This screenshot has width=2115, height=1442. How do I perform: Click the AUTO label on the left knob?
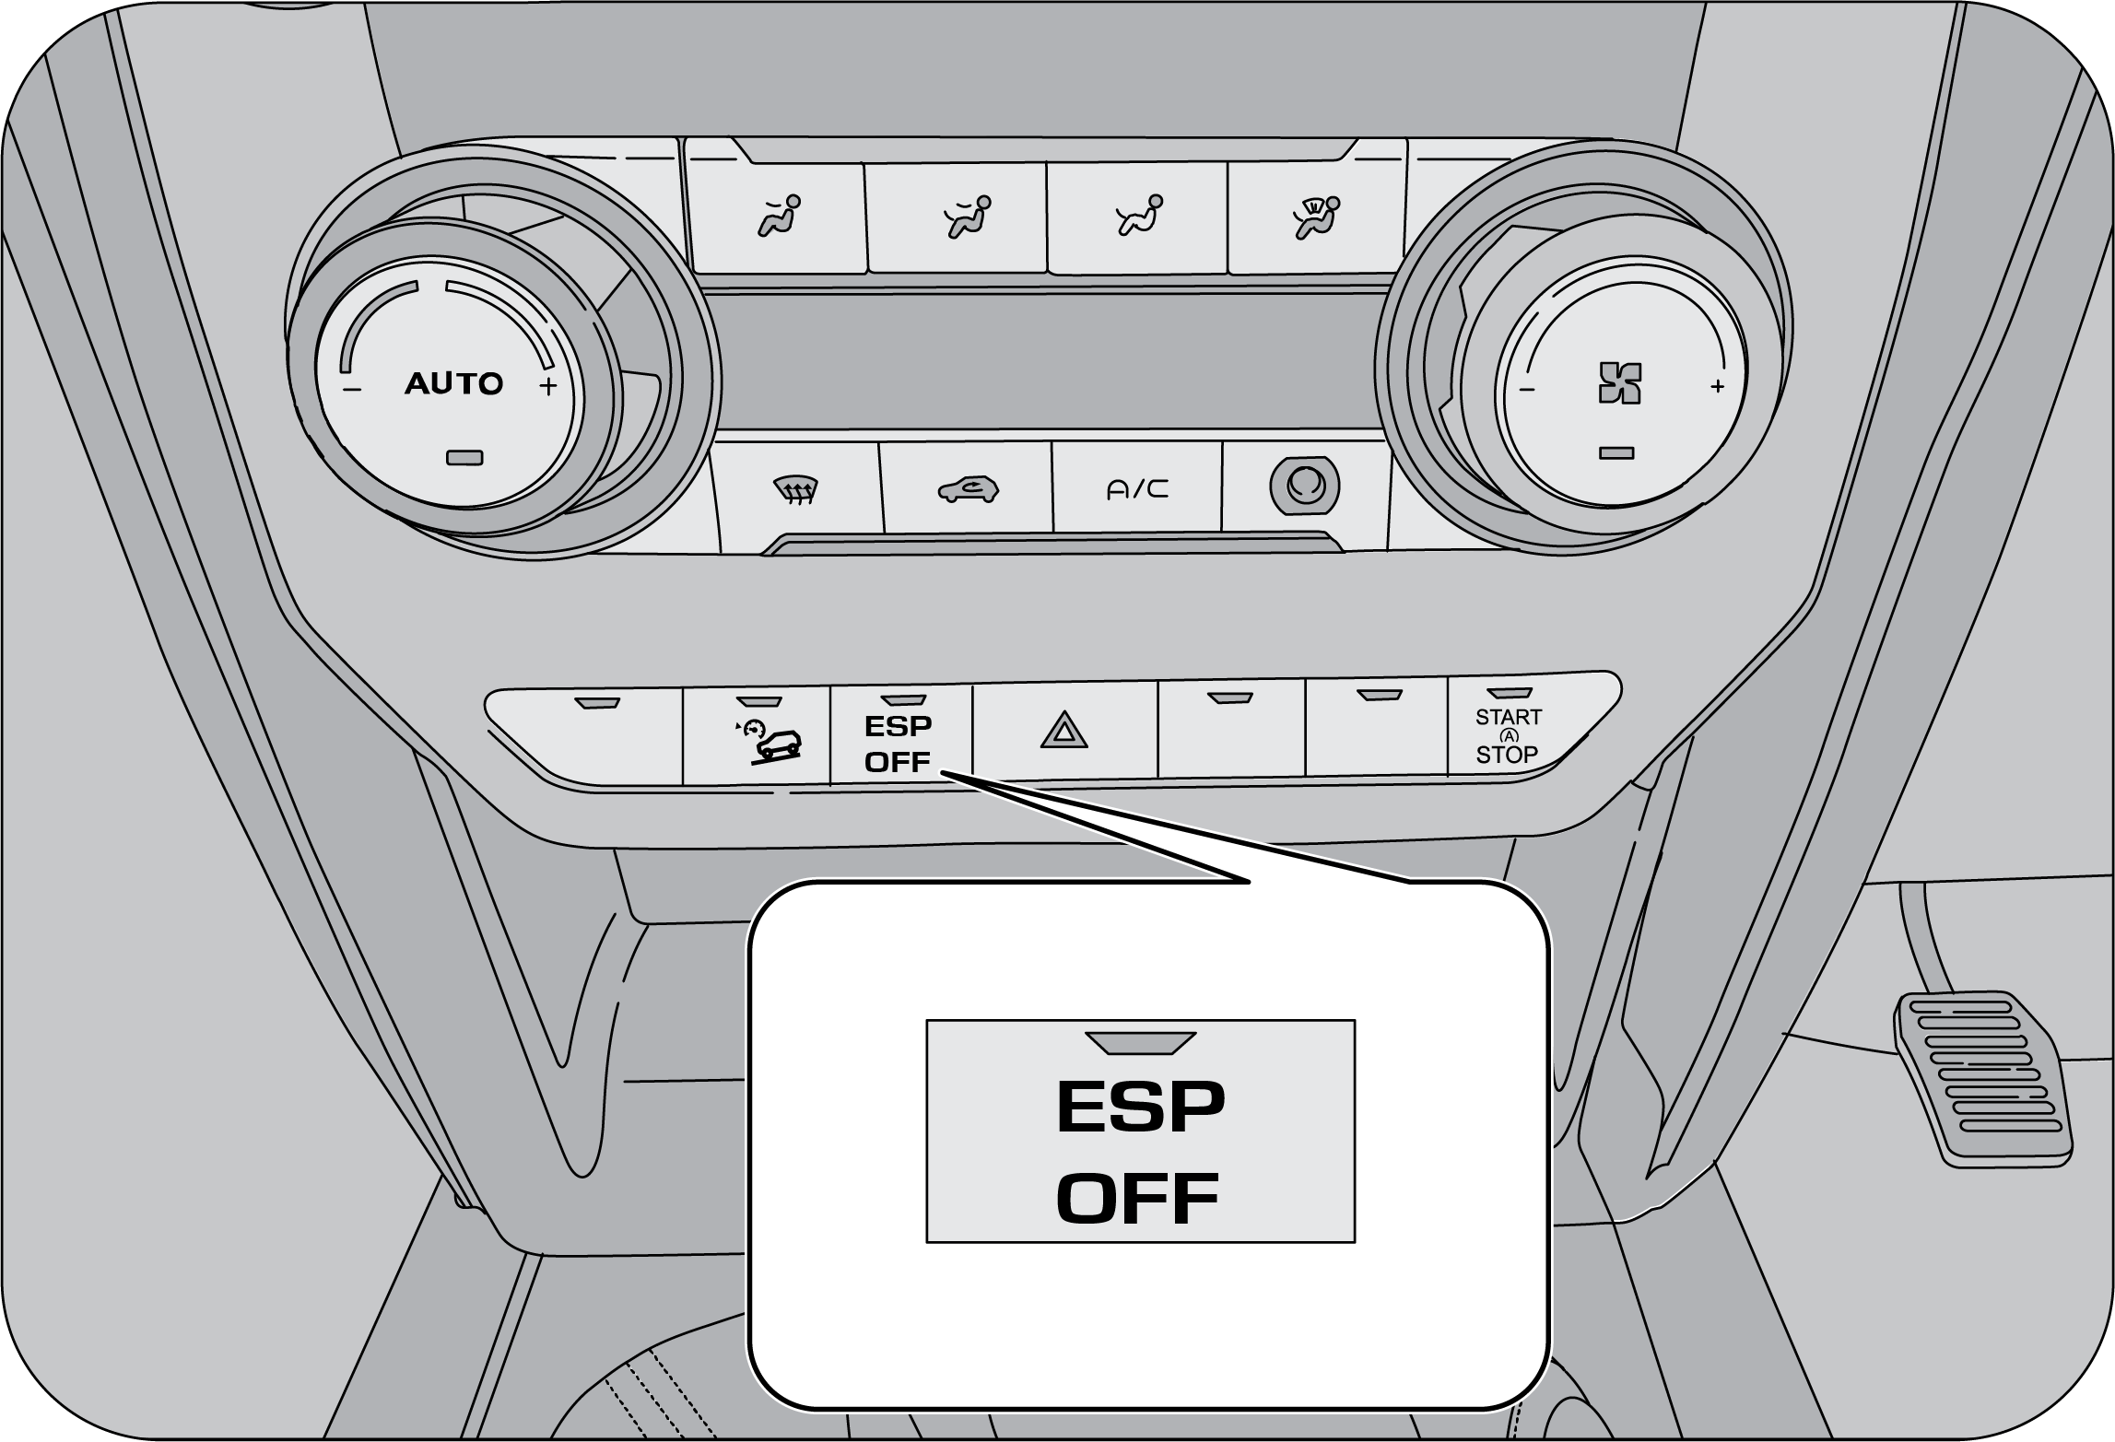click(x=453, y=383)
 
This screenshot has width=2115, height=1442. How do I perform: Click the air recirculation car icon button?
click(x=968, y=488)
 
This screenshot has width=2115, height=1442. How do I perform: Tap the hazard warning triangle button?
click(x=1064, y=731)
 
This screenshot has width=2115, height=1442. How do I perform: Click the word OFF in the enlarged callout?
click(x=1138, y=1198)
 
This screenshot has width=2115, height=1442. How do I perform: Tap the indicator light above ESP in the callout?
click(x=1141, y=1042)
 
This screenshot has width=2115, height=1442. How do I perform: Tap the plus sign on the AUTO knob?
click(x=548, y=386)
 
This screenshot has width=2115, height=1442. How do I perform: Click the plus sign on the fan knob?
click(x=1717, y=386)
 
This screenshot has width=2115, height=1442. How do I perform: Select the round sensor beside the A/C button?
click(x=1304, y=486)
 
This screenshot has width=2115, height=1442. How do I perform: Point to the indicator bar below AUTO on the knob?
click(x=464, y=457)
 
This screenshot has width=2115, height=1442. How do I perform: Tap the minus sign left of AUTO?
click(x=352, y=390)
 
